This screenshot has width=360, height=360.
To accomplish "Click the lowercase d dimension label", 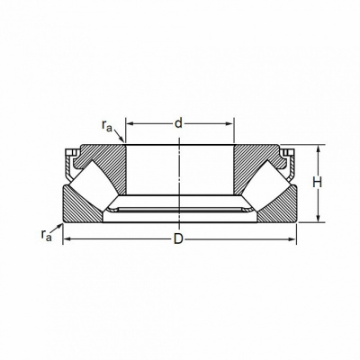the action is (x=178, y=123).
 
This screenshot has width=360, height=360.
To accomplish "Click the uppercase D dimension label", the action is (x=178, y=239).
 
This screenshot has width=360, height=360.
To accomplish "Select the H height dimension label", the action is (x=317, y=183).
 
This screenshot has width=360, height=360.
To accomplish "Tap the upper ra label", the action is (x=107, y=126).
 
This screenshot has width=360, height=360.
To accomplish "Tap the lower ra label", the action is (x=47, y=235).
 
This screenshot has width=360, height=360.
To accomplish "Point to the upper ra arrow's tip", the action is (x=124, y=142).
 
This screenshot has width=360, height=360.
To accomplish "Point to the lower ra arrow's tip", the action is (x=62, y=224).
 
